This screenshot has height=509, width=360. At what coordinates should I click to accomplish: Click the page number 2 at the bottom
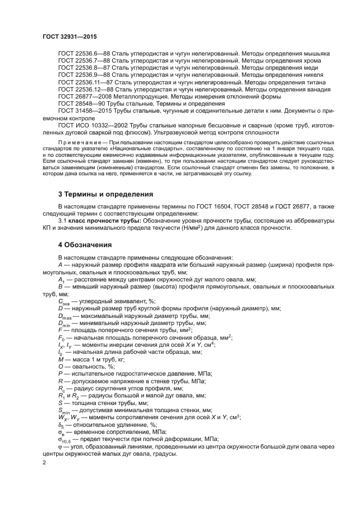point(45,462)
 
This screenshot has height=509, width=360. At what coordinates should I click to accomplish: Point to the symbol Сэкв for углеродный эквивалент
point(64,302)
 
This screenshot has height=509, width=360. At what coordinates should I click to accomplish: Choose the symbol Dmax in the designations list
point(65,316)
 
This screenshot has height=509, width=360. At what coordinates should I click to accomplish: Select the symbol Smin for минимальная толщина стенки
point(63,410)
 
